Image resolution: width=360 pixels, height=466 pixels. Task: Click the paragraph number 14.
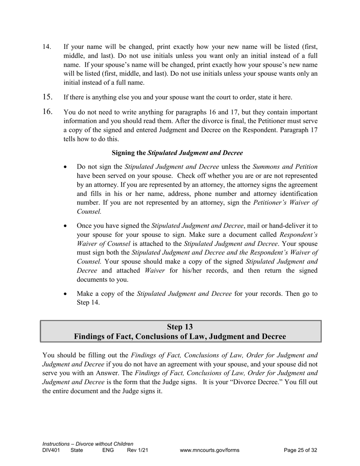(47, 47)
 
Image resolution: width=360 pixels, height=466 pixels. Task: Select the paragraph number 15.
(47, 97)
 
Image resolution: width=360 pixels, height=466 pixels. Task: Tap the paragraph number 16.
(47, 112)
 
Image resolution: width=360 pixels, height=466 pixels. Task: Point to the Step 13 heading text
(180, 327)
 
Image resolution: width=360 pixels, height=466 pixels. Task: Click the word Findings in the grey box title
(89, 336)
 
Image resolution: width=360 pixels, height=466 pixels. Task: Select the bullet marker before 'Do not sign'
(66, 167)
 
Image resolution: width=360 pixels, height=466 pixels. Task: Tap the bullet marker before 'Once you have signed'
(66, 226)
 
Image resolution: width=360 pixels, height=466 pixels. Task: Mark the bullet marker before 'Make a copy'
(66, 294)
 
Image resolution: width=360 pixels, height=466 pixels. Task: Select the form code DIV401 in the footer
(51, 450)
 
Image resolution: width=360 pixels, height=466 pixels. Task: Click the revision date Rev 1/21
(137, 450)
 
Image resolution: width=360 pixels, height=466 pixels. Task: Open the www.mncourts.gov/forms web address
(210, 450)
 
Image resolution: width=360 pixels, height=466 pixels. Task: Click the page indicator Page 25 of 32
(300, 450)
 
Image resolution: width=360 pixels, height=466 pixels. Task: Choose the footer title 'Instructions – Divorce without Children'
(88, 444)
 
